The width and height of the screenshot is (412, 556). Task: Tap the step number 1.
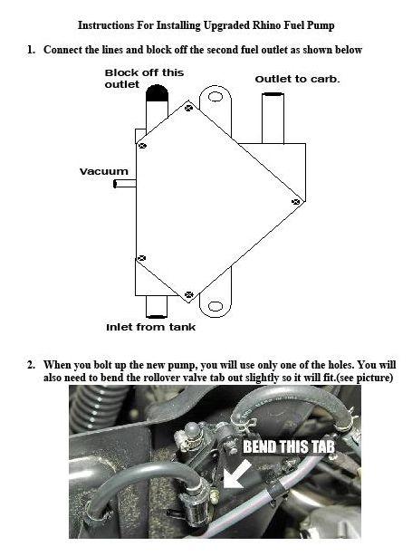click(32, 49)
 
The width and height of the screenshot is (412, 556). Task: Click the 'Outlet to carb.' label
click(296, 79)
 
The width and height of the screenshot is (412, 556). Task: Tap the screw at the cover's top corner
click(188, 108)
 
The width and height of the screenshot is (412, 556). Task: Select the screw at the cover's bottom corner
click(188, 294)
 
